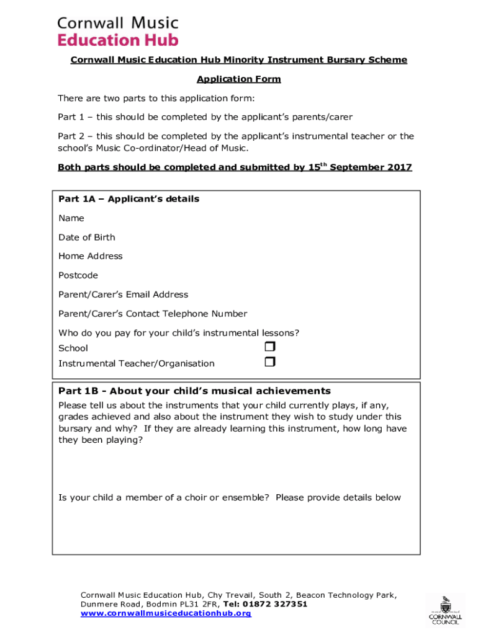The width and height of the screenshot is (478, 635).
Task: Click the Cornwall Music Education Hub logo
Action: (118, 31)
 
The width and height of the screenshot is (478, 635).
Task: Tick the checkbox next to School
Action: (269, 347)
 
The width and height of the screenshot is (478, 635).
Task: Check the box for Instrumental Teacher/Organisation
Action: (269, 362)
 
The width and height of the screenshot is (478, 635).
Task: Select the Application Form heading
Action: (238, 79)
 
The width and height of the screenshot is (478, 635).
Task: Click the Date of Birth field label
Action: (86, 238)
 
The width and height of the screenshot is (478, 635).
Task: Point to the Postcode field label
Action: (78, 275)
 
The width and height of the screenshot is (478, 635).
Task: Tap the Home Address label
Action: (91, 256)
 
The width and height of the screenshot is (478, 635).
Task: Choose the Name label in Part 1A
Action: (71, 218)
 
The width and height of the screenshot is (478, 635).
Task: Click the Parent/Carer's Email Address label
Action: (123, 295)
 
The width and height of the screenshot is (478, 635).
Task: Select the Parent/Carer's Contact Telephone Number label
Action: (153, 314)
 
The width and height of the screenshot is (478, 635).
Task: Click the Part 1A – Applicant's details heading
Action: (129, 199)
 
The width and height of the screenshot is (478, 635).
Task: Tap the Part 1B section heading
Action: (194, 391)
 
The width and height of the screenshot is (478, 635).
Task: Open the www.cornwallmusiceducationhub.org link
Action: (166, 613)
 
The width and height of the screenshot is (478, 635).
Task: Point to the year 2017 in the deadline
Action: (399, 167)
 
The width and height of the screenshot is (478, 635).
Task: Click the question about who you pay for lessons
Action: (179, 333)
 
